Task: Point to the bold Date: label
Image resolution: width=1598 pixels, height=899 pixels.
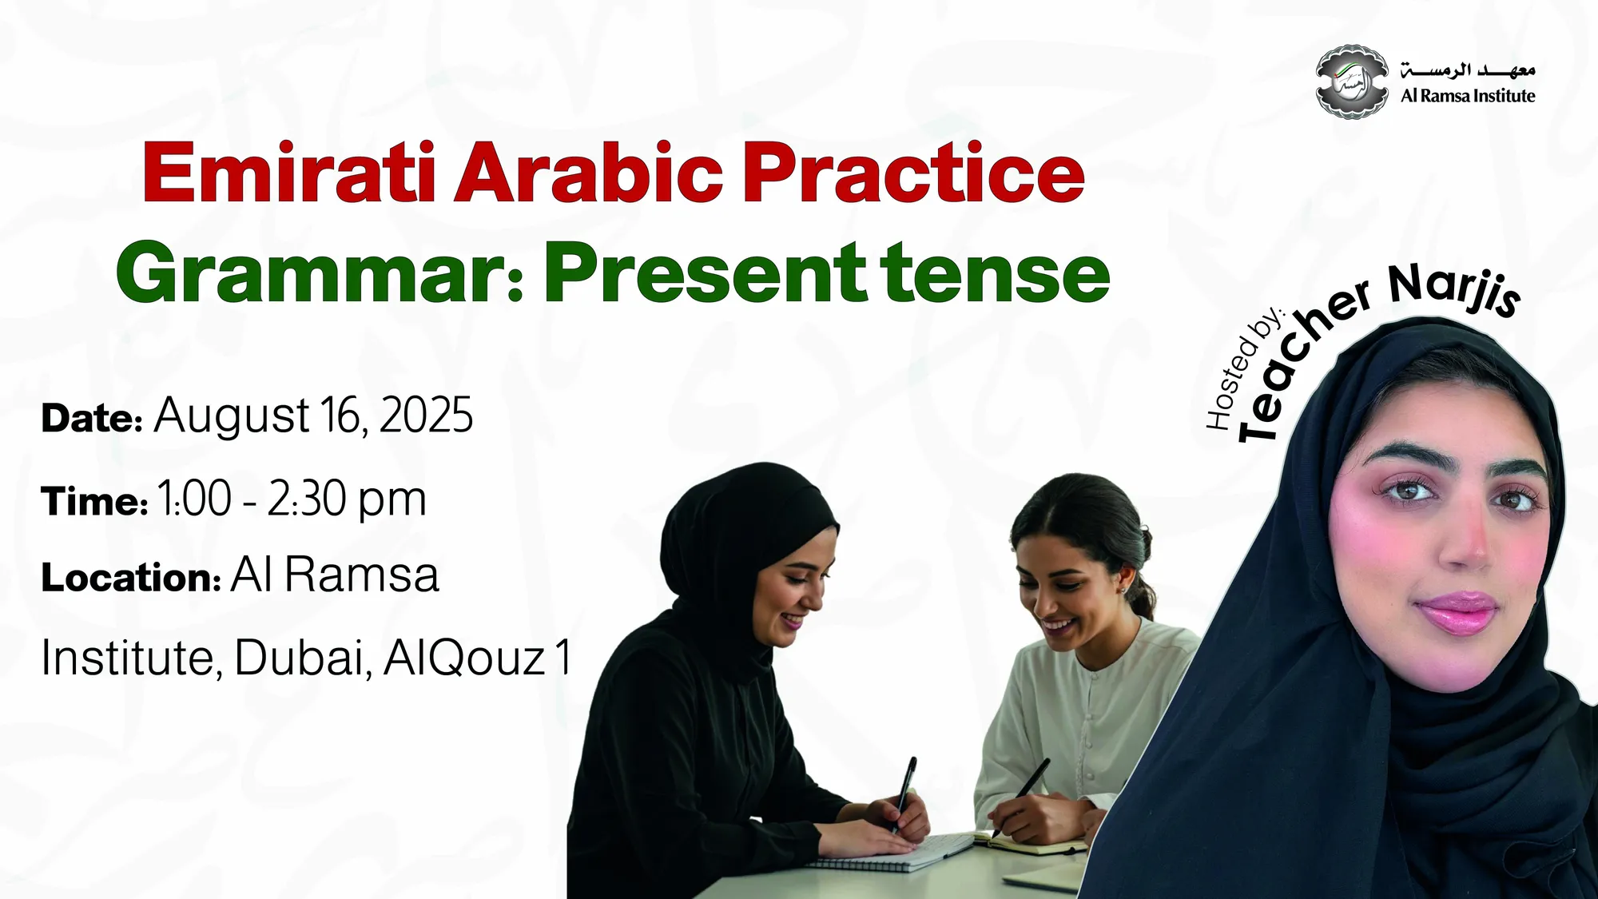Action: pos(92,418)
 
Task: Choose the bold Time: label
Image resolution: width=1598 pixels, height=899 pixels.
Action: pos(94,501)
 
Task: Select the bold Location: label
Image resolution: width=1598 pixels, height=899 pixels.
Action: pos(131,577)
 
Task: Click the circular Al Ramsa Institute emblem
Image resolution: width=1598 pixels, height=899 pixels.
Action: pos(1352,82)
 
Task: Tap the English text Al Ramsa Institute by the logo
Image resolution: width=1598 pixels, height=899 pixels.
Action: pos(1468,96)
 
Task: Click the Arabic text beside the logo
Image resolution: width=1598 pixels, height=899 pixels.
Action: pos(1468,70)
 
